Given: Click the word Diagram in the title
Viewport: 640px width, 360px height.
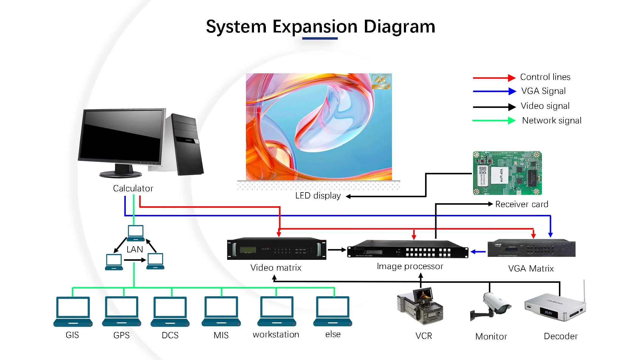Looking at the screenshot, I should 399,27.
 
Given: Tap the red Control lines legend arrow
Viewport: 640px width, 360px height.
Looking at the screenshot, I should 494,78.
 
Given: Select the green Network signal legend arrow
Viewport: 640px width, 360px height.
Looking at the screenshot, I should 494,120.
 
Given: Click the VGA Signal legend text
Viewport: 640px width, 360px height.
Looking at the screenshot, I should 543,91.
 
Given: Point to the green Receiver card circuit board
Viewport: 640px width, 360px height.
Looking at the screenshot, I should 507,173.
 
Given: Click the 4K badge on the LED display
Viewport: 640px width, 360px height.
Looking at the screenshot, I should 381,81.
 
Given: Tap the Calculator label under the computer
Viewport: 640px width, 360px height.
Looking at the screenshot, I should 133,188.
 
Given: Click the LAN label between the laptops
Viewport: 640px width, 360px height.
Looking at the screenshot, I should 135,249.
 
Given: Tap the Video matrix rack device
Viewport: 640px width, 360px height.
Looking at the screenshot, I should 276,249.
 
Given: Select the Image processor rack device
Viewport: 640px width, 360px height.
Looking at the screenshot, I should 407,249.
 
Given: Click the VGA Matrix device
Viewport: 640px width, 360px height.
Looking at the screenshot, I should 531,248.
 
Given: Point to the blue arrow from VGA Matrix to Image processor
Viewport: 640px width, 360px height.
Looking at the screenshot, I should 478,252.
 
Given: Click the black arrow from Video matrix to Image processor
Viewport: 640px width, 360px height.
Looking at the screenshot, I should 337,250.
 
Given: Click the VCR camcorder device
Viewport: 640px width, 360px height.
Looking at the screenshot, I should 420,307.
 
